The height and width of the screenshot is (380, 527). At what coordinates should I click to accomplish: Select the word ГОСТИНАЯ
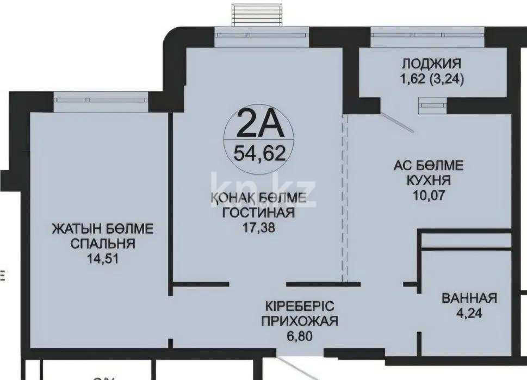(258, 213)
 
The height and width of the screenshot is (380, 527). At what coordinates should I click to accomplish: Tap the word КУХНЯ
(429, 180)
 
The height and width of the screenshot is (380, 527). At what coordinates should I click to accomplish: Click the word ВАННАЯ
(469, 298)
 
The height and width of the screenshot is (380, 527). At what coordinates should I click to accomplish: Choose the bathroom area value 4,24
(469, 313)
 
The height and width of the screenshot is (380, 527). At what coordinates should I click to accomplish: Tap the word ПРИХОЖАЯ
(300, 321)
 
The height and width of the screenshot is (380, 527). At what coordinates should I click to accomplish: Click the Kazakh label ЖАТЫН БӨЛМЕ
(103, 229)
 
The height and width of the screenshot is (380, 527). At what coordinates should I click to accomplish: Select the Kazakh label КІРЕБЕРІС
(300, 306)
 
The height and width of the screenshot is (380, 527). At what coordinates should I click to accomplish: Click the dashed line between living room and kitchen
(343, 196)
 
